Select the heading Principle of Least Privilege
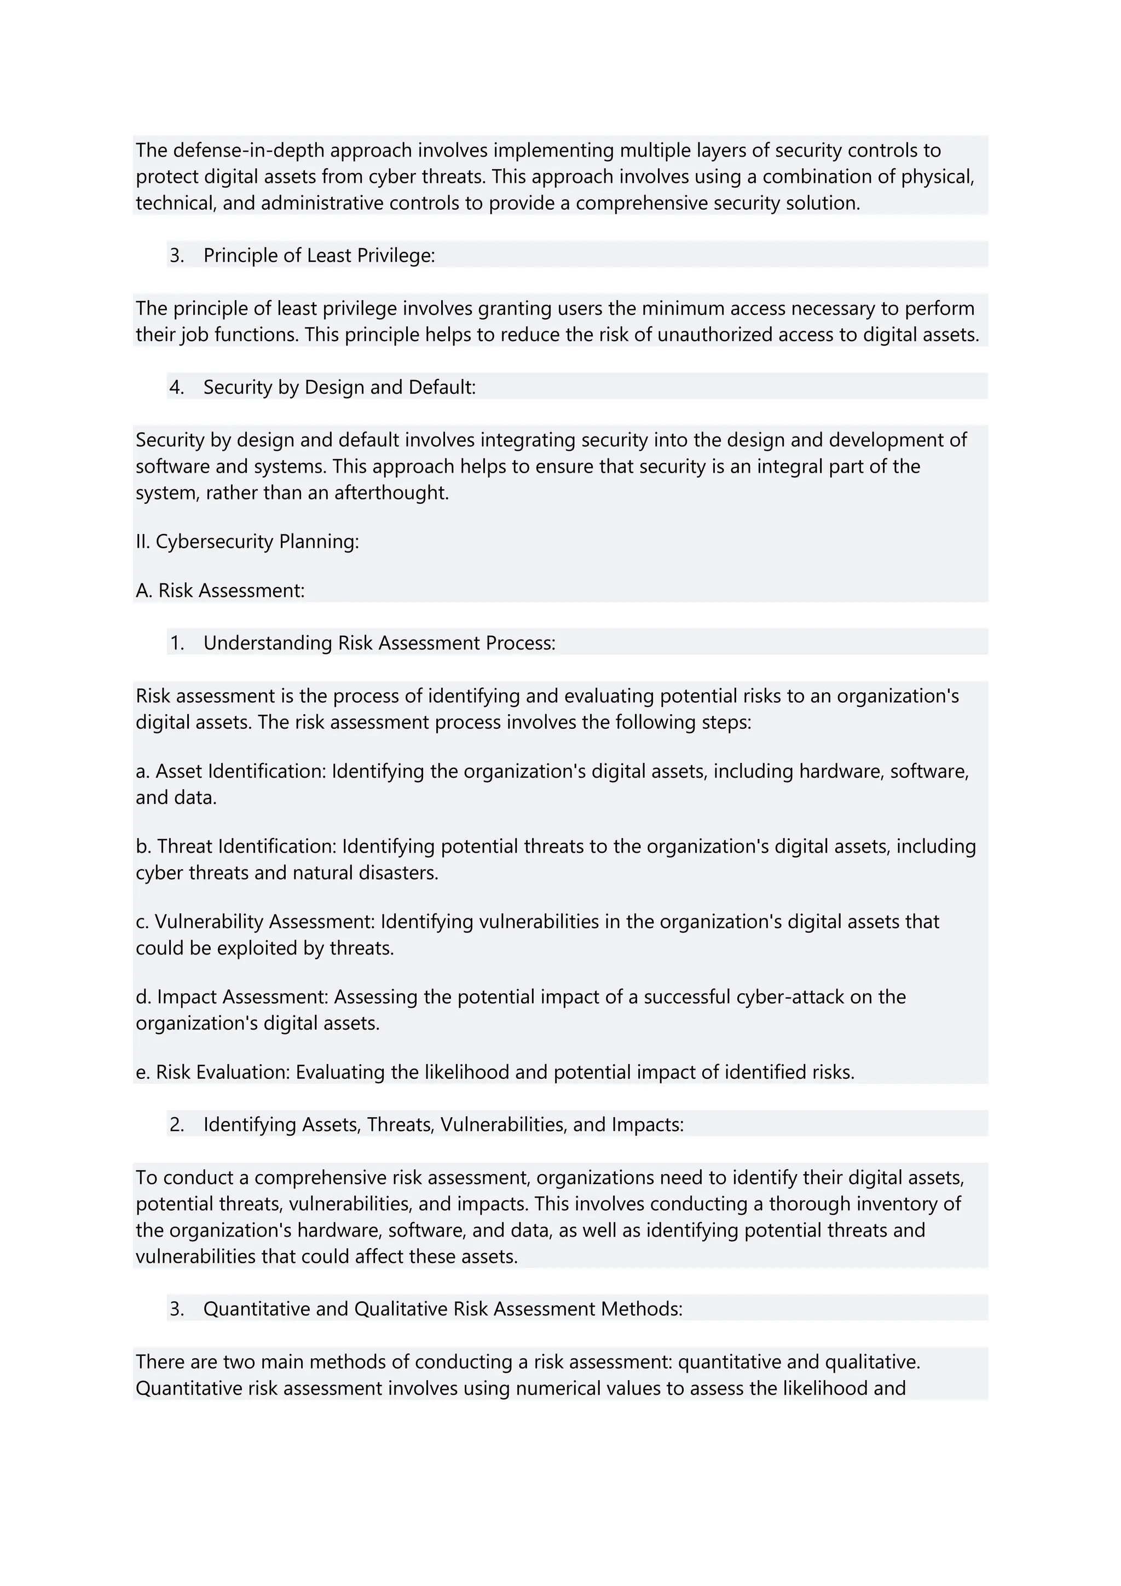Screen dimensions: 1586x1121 [x=319, y=256]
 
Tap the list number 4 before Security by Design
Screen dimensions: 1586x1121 [x=176, y=388]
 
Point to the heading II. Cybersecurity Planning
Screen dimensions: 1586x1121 [x=247, y=542]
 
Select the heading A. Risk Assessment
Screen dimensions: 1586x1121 [x=220, y=590]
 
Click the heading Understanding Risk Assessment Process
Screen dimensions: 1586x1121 [x=379, y=643]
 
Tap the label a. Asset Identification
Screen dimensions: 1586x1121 [x=230, y=771]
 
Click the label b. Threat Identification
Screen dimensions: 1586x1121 [x=236, y=846]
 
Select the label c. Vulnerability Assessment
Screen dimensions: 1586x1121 [x=256, y=922]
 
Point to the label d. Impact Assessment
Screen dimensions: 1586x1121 [x=233, y=997]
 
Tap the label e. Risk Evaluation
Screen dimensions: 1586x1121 [x=212, y=1072]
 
